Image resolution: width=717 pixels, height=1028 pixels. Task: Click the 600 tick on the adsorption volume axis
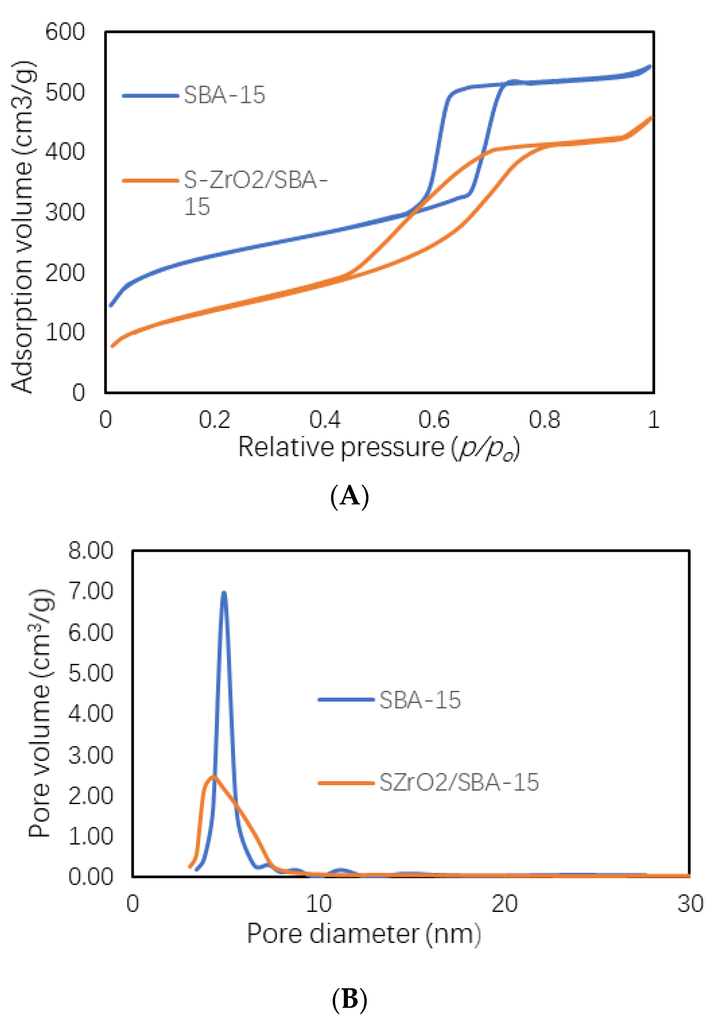tap(65, 32)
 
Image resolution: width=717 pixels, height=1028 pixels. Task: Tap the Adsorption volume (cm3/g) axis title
tap(22, 227)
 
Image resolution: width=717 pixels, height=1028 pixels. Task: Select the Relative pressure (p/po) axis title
tap(379, 448)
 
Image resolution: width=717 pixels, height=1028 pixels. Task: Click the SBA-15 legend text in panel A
tap(224, 95)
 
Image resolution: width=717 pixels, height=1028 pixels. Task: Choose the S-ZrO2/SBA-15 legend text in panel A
tap(255, 193)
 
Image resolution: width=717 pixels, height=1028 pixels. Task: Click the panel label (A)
tap(349, 496)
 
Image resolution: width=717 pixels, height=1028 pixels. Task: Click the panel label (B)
tap(349, 999)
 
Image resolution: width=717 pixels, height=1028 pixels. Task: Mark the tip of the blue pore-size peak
tap(224, 593)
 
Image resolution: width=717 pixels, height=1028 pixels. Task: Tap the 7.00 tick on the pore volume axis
tap(91, 592)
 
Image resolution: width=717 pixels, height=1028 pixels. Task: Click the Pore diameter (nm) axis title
tap(364, 934)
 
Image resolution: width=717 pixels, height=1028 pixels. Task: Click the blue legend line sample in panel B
tap(346, 699)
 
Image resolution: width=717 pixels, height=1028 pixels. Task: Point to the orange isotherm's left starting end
tap(112, 346)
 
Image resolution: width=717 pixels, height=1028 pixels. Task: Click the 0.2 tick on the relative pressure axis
tap(215, 420)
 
